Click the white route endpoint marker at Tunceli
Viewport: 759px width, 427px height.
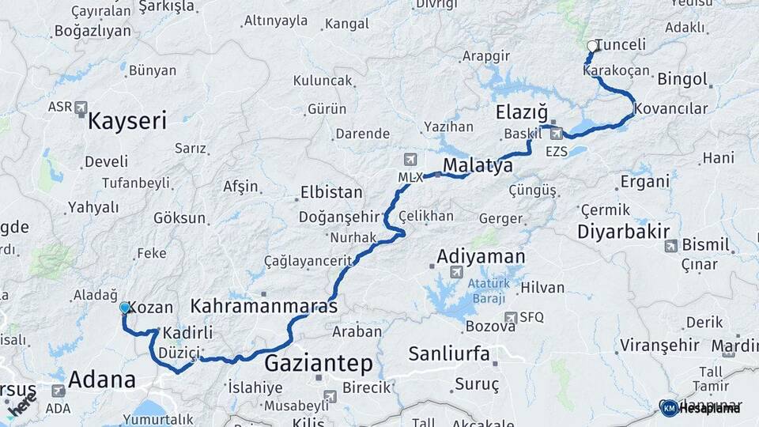click(592, 47)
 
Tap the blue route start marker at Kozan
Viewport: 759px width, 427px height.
click(124, 307)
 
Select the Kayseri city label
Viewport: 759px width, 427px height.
click(127, 121)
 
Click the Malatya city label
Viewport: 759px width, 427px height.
click(478, 165)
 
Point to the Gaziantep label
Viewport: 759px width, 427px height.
click(318, 364)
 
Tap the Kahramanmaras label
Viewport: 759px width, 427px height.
click(264, 305)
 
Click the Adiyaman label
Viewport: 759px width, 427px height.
click(481, 256)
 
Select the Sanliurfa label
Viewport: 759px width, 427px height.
click(449, 353)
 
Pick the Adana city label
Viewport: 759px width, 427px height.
click(101, 380)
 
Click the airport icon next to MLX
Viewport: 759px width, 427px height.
click(410, 159)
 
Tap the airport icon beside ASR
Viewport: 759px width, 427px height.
click(81, 108)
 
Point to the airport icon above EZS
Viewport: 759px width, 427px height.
click(557, 133)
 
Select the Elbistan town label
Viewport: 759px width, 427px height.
click(331, 192)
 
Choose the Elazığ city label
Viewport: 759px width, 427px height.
click(522, 112)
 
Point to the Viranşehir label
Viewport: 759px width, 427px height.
click(659, 346)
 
